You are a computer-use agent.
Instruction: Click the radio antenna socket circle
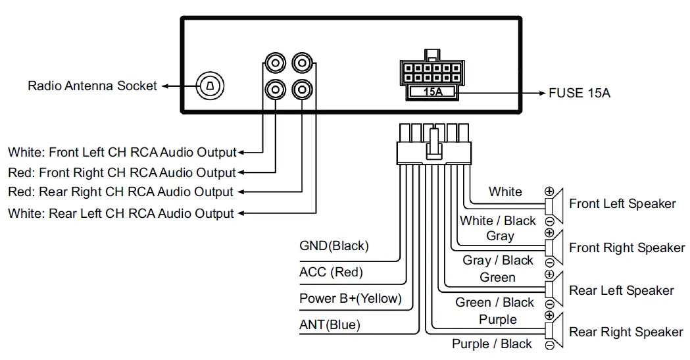pyautogui.click(x=210, y=86)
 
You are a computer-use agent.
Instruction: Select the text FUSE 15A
pyautogui.click(x=579, y=93)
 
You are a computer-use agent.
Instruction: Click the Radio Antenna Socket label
pyautogui.click(x=92, y=86)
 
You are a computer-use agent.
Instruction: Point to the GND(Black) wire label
pyautogui.click(x=333, y=246)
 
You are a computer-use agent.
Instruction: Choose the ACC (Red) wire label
pyautogui.click(x=331, y=272)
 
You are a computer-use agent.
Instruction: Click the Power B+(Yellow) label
pyautogui.click(x=350, y=298)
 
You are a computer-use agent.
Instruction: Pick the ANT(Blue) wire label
pyautogui.click(x=330, y=324)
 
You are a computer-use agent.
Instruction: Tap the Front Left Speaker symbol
pyautogui.click(x=556, y=203)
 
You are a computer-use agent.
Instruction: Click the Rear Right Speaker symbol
pyautogui.click(x=556, y=332)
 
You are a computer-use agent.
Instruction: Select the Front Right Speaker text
pyautogui.click(x=627, y=248)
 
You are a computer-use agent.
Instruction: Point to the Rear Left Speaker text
pyautogui.click(x=622, y=290)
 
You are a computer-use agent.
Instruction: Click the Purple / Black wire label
pyautogui.click(x=491, y=344)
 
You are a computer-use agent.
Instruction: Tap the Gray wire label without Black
pyautogui.click(x=500, y=236)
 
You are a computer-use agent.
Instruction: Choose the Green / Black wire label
pyautogui.click(x=495, y=303)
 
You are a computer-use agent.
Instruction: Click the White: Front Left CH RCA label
pyautogui.click(x=122, y=153)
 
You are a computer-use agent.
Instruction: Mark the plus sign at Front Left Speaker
pyautogui.click(x=549, y=191)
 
